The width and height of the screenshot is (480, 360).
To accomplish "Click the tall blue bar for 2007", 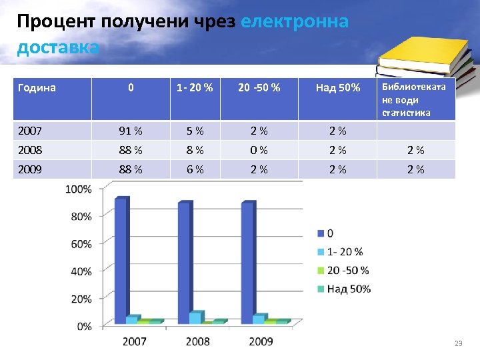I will pyautogui.click(x=121, y=260).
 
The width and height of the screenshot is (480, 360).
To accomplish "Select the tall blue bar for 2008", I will pyautogui.click(x=184, y=263).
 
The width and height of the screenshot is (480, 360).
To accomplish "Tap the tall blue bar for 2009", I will pyautogui.click(x=247, y=263).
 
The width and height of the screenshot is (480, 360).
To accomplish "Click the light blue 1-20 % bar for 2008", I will pyautogui.click(x=195, y=317).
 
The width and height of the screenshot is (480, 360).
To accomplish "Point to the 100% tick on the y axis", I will pyautogui.click(x=79, y=189).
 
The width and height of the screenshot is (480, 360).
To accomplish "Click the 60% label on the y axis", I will pyautogui.click(x=81, y=244).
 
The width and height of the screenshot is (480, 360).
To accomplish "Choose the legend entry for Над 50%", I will pyautogui.click(x=345, y=289).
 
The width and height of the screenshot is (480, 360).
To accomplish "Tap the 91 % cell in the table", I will pyautogui.click(x=131, y=131).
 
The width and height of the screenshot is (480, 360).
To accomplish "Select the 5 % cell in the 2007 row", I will pyautogui.click(x=195, y=131).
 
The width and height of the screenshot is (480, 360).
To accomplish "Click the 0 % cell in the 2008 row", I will pyautogui.click(x=259, y=150).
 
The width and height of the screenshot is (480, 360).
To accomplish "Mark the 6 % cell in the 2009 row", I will pyautogui.click(x=195, y=169).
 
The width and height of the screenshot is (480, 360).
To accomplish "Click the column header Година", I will pyautogui.click(x=37, y=88).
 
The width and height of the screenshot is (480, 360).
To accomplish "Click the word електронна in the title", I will pyautogui.click(x=294, y=22).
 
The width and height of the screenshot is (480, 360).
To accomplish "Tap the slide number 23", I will pyautogui.click(x=457, y=343).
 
